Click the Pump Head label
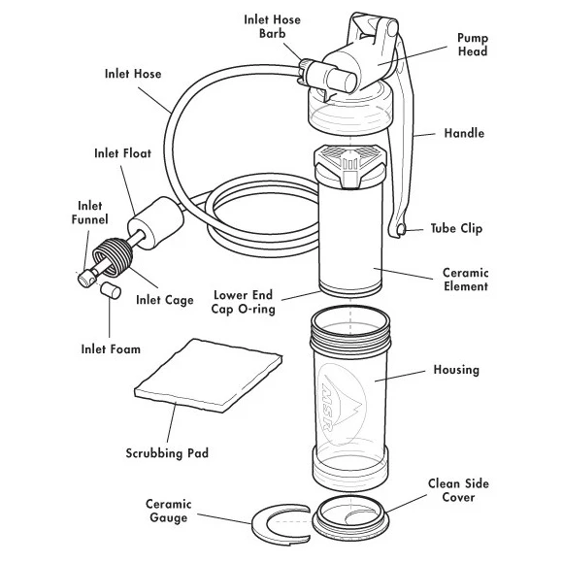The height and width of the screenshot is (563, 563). click(x=472, y=45)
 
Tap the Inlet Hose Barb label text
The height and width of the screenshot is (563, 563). click(x=272, y=26)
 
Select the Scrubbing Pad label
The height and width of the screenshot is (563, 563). click(x=167, y=453)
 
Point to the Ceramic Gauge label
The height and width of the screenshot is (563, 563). click(x=168, y=511)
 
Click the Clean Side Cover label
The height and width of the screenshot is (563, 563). click(x=458, y=490)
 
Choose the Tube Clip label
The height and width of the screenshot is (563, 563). click(x=456, y=228)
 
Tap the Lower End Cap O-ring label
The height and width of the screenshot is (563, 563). click(x=243, y=302)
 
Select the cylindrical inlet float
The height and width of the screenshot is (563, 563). click(x=156, y=223)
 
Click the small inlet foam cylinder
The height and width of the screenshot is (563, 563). click(x=110, y=290)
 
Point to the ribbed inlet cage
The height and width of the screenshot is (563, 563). click(x=113, y=257)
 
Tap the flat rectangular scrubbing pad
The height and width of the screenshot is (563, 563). click(x=209, y=376)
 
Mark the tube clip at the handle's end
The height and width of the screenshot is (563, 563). click(x=401, y=229)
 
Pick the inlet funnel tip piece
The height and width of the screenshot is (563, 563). click(x=87, y=279)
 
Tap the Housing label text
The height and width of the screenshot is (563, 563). click(x=456, y=370)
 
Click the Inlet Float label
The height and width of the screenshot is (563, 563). click(x=123, y=153)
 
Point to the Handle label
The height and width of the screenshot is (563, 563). click(x=464, y=133)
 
